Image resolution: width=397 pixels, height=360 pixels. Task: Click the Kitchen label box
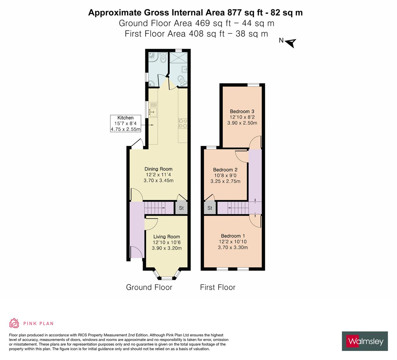pyautogui.click(x=125, y=124)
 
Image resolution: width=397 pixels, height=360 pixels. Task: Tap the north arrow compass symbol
pyautogui.click(x=291, y=43)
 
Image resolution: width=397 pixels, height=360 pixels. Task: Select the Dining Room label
pyautogui.click(x=158, y=169)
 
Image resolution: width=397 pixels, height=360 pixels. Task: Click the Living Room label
pyautogui.click(x=167, y=237)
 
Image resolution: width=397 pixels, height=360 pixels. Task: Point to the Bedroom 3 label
pyautogui.click(x=242, y=111)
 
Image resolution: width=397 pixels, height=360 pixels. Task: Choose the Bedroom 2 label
pyautogui.click(x=225, y=170)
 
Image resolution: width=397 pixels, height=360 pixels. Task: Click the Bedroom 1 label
pyautogui.click(x=233, y=236)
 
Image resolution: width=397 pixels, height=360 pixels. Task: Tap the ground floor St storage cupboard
pyautogui.click(x=181, y=208)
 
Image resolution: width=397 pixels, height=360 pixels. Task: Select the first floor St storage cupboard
pyautogui.click(x=210, y=208)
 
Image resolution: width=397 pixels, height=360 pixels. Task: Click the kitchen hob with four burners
pyautogui.click(x=183, y=124)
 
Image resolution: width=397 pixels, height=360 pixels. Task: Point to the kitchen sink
pyautogui.click(x=153, y=111)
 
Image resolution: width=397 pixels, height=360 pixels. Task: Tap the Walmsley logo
pyautogui.click(x=365, y=341)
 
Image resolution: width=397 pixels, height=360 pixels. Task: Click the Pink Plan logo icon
pyautogui.click(x=14, y=323)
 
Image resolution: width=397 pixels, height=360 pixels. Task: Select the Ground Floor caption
pyautogui.click(x=149, y=287)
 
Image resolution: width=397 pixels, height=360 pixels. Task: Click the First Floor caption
pyautogui.click(x=218, y=287)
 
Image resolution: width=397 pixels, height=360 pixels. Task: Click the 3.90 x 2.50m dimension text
pyautogui.click(x=242, y=123)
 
